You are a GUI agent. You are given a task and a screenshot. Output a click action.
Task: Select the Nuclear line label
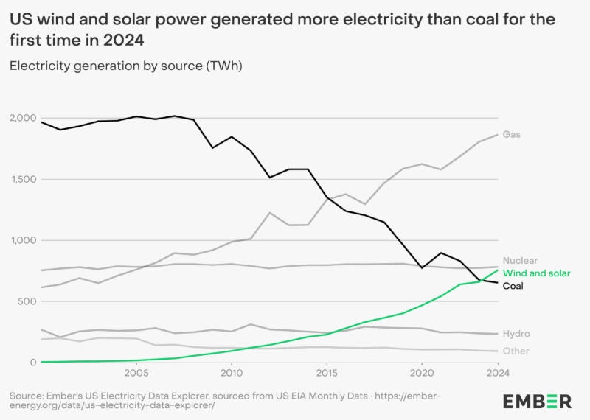point(520,261)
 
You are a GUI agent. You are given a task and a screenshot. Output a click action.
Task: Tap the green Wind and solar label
point(536,273)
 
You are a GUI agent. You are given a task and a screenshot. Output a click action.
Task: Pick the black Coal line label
point(513,286)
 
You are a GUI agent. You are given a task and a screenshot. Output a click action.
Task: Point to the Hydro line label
point(516,334)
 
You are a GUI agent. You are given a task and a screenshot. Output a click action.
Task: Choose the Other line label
point(516,351)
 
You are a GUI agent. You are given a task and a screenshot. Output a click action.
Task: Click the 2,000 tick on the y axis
point(24,118)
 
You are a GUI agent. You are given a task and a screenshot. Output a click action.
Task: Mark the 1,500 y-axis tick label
point(24,179)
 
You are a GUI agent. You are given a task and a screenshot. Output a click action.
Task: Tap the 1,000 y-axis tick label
point(24,240)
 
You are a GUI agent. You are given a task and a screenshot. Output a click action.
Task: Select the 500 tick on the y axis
point(27,301)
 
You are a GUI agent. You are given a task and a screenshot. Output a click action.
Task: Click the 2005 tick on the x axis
point(136,373)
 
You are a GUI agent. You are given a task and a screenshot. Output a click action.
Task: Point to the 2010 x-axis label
point(232,373)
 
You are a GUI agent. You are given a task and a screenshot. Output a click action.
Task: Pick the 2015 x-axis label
point(327,373)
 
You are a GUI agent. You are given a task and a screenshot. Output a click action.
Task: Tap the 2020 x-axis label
point(422,373)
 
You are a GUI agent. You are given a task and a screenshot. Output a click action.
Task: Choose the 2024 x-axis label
point(498,373)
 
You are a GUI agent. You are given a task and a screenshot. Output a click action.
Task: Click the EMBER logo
point(537,402)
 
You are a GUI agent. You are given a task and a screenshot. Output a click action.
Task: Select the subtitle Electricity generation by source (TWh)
point(126,66)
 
